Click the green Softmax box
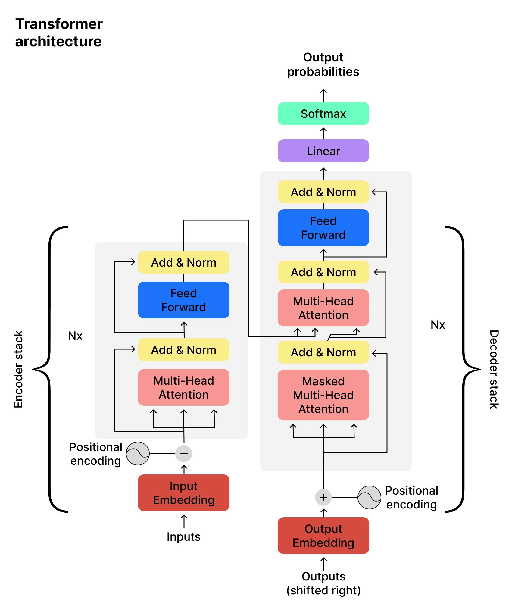323,114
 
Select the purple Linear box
323,151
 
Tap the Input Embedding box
183,493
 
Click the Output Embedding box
323,536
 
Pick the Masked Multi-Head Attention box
323,395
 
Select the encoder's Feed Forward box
183,300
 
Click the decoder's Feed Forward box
323,228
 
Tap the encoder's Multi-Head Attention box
183,387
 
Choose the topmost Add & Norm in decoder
323,192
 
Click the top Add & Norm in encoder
183,262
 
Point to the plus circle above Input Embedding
184,454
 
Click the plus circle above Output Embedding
323,497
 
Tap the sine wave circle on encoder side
138,454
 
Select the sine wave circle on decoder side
369,497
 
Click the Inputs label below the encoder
183,537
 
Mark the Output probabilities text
323,64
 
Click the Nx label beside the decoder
438,325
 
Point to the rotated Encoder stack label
18,369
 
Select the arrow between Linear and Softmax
323,133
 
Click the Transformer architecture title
59,33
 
